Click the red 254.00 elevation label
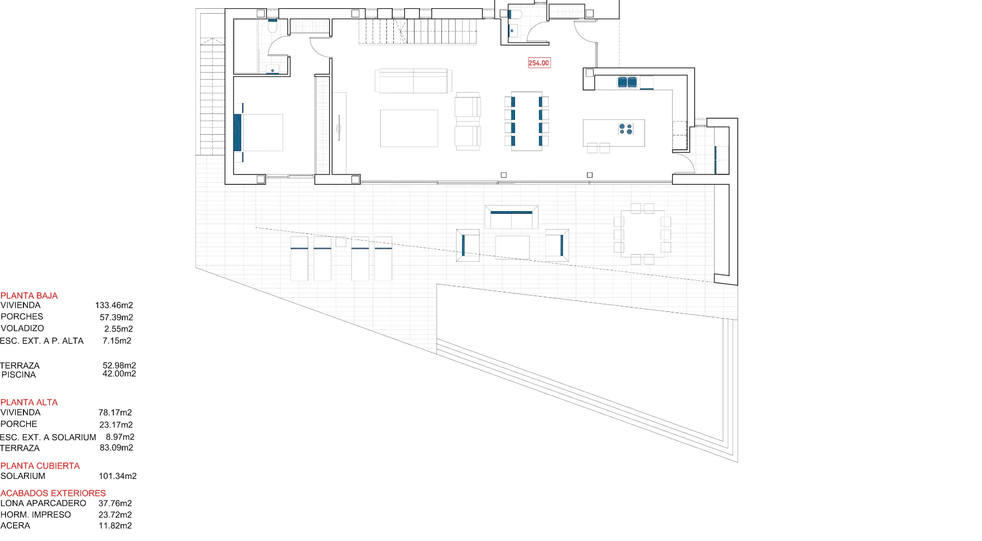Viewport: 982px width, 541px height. click(539, 63)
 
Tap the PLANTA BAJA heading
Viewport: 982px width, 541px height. click(29, 296)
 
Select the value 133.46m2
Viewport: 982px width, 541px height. click(114, 305)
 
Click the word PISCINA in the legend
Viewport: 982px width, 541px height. click(19, 375)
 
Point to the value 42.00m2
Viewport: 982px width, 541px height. click(119, 374)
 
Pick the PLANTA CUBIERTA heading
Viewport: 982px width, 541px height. click(40, 466)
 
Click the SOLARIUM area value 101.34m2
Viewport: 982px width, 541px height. click(118, 476)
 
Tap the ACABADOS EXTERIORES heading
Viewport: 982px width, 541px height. click(53, 493)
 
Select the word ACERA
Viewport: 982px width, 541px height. click(15, 526)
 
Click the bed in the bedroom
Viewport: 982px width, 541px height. click(259, 133)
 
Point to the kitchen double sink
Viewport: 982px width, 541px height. click(627, 82)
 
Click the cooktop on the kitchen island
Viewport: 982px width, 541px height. click(626, 129)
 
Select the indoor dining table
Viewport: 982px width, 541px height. click(526, 121)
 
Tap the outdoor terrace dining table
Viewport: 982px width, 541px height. click(642, 233)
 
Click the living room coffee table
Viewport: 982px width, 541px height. click(409, 128)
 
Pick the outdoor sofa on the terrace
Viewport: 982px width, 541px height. click(512, 217)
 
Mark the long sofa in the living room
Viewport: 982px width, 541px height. click(413, 81)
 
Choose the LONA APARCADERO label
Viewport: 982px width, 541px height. click(43, 503)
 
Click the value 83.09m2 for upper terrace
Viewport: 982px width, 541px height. click(116, 448)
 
